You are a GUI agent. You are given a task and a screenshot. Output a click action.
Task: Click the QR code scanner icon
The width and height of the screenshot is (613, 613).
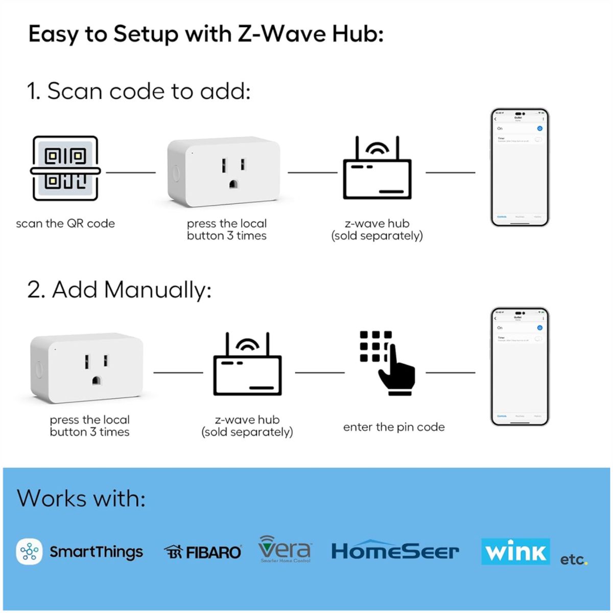click(65, 169)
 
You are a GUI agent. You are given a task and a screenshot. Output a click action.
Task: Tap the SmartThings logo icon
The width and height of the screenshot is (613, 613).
click(29, 552)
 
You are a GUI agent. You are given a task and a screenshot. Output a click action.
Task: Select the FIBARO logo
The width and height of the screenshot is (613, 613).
click(202, 552)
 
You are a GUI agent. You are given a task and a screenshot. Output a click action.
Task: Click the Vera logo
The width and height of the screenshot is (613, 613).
click(285, 549)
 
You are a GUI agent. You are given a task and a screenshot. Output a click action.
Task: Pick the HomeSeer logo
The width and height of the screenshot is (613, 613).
click(395, 551)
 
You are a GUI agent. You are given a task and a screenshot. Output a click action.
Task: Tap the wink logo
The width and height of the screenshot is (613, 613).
click(515, 552)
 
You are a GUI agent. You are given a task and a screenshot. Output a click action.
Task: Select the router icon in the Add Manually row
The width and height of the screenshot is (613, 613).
click(247, 364)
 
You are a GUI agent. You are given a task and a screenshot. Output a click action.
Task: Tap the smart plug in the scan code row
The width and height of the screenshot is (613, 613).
click(224, 172)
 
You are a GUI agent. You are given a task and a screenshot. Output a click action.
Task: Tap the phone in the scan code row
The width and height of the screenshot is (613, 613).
click(520, 167)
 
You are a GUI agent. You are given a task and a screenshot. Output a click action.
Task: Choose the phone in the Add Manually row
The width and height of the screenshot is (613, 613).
click(520, 366)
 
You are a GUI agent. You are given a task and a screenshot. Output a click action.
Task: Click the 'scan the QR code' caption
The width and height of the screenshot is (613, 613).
click(65, 224)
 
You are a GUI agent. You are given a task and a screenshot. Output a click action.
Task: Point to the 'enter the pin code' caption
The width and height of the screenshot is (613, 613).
click(393, 427)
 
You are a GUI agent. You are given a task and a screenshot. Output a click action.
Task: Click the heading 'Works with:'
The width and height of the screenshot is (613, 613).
click(81, 498)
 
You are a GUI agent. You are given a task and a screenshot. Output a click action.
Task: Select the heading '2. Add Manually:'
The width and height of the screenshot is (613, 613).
click(119, 290)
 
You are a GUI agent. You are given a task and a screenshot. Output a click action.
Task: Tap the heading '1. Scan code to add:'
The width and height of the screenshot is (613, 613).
click(138, 91)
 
